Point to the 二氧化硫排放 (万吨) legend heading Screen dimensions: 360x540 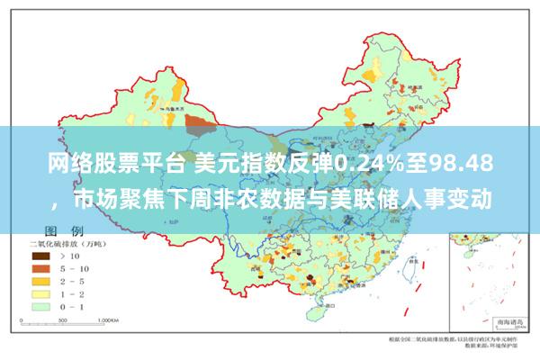67,243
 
